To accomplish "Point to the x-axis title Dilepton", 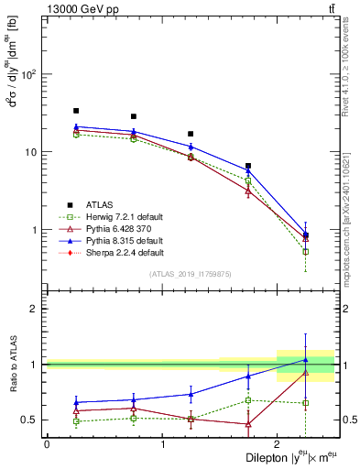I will [x=275, y=456].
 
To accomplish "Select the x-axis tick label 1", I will [x=162, y=444].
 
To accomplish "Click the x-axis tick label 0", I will [x=47, y=444].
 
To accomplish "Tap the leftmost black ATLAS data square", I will [x=76, y=111].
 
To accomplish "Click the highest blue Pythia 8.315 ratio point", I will [x=306, y=359].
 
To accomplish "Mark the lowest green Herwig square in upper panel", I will [x=306, y=251].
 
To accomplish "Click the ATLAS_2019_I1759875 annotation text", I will [x=190, y=274].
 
